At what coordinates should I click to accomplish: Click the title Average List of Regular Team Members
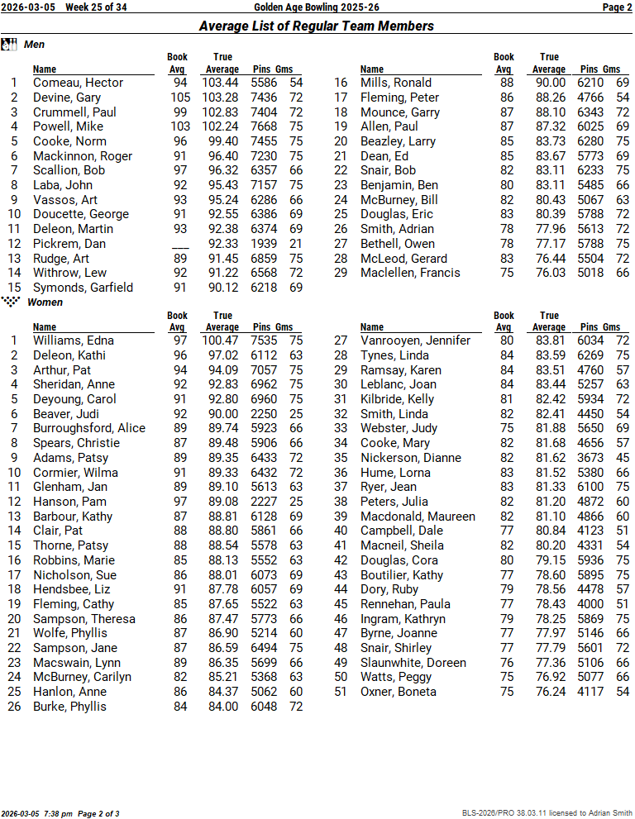pyautogui.click(x=317, y=26)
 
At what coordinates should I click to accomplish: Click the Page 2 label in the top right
pyautogui.click(x=617, y=7)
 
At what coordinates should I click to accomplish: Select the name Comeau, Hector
pyautogui.click(x=78, y=83)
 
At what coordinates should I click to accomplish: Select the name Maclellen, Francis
pyautogui.click(x=410, y=273)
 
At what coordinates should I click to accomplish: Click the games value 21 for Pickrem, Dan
pyautogui.click(x=296, y=244)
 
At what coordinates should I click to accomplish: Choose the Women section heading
pyautogui.click(x=45, y=302)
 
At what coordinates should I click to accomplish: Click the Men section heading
pyautogui.click(x=35, y=44)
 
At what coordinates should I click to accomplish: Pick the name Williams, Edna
pyautogui.click(x=74, y=340)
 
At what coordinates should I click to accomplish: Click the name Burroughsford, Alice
pyautogui.click(x=89, y=428)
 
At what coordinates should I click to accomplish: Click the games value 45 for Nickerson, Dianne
pyautogui.click(x=623, y=457)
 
